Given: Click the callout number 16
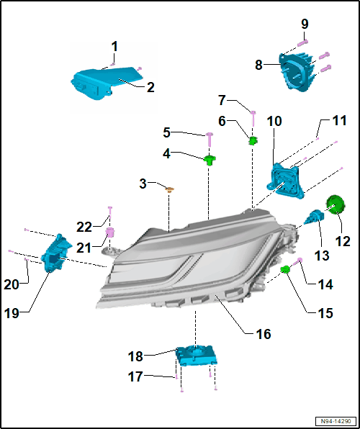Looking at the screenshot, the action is click(263, 334).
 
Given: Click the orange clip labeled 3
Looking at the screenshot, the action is click(170, 189).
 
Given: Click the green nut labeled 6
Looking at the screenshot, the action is click(253, 140).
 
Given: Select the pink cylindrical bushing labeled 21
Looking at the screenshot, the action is click(109, 232).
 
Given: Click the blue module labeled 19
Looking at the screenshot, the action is click(55, 253).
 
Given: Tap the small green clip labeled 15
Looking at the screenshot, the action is click(285, 270).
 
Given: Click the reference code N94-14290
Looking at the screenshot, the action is click(336, 421).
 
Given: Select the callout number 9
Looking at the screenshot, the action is click(305, 24).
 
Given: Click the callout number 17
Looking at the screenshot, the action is click(135, 376).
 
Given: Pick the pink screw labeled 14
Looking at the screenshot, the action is click(297, 261).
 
